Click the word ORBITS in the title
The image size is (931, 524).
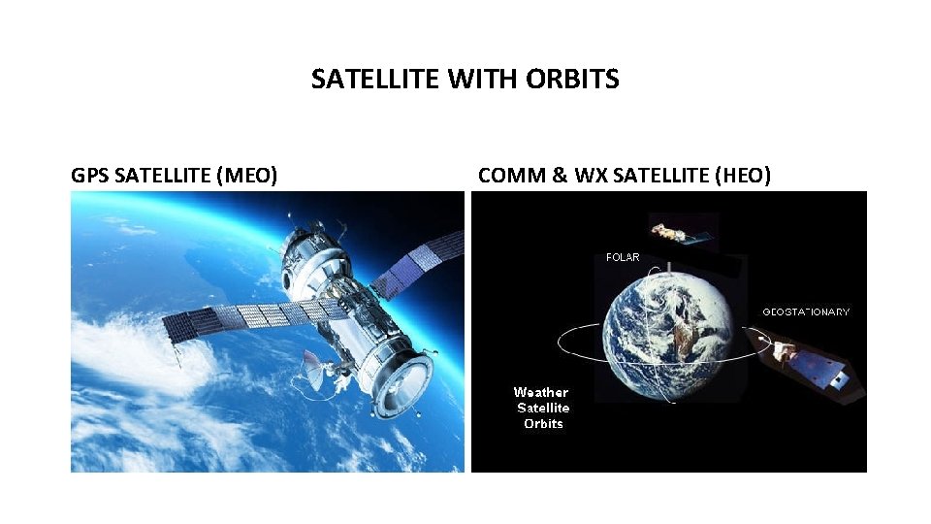[x=572, y=80]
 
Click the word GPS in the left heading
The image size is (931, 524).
[x=90, y=176]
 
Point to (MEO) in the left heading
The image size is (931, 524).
[x=247, y=176]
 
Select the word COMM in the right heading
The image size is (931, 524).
[x=507, y=176]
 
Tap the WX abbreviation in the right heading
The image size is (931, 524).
[x=590, y=176]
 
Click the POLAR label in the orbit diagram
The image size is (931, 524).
[x=623, y=258]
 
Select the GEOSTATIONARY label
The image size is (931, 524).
[x=806, y=312]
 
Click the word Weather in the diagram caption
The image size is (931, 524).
[x=541, y=392]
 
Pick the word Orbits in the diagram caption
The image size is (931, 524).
[x=543, y=424]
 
